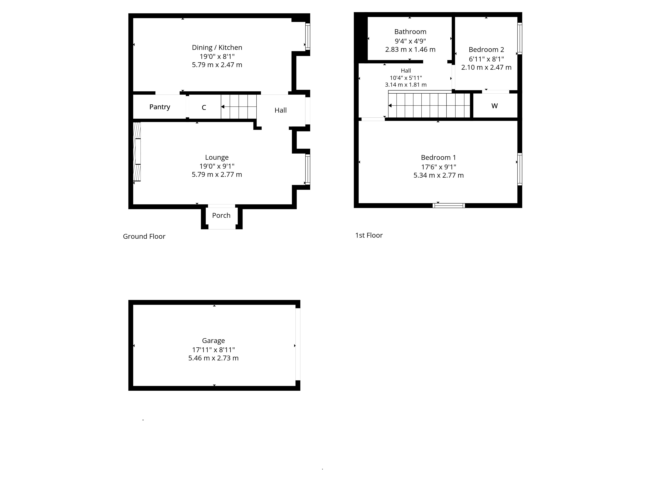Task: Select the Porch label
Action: (221, 216)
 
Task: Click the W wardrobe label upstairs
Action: (495, 106)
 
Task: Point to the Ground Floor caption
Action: (144, 236)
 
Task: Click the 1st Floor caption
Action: (369, 235)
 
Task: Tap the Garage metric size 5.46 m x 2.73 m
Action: (213, 358)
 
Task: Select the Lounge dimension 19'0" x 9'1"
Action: (217, 166)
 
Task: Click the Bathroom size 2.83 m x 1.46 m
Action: (410, 50)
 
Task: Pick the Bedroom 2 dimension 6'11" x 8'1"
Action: (486, 59)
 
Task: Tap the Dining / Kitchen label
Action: (217, 48)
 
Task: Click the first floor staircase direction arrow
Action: (429, 106)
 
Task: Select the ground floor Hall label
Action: (281, 110)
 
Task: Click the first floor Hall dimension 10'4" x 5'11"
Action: (406, 78)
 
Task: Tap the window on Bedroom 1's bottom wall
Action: (449, 206)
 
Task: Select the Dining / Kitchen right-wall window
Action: (308, 37)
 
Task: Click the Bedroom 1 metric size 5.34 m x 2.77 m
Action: (439, 175)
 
